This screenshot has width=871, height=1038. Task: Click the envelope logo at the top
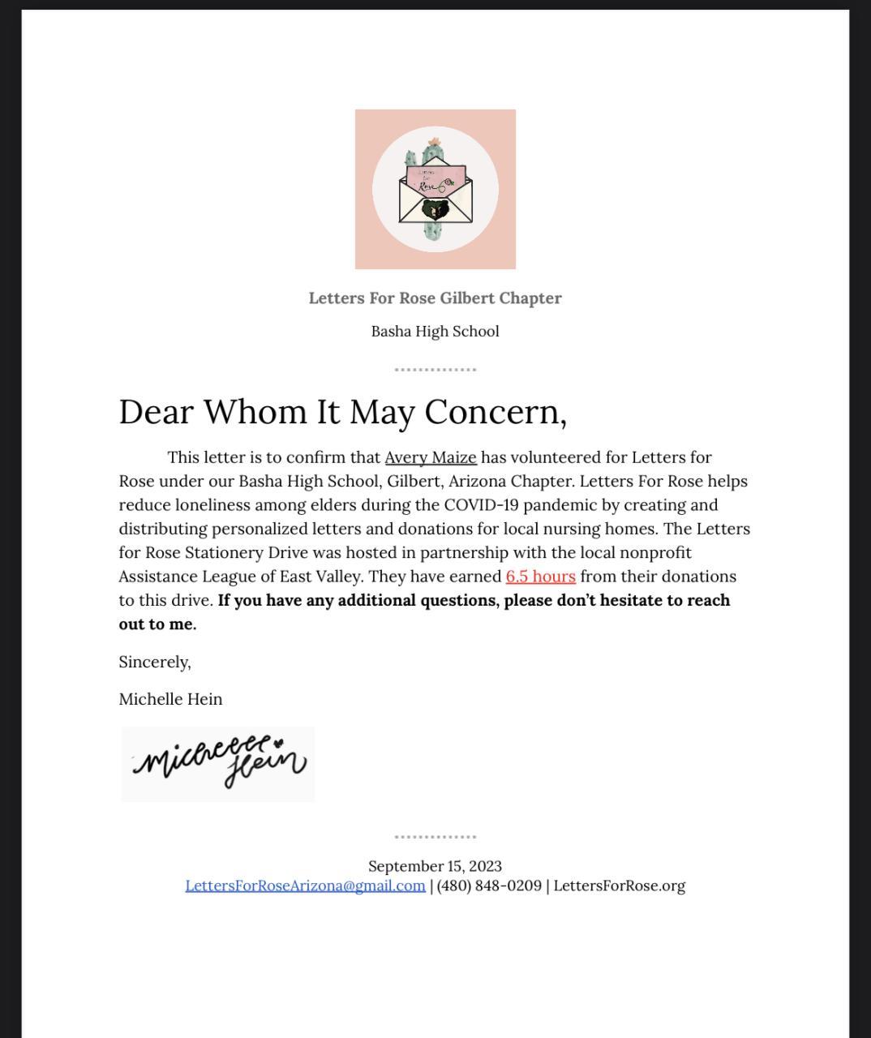435,190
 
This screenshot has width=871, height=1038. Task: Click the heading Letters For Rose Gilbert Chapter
435,298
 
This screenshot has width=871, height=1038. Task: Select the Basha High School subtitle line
435,332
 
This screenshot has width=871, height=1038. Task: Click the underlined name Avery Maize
431,457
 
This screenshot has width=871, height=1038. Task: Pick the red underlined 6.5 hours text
540,577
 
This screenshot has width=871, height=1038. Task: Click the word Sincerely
155,663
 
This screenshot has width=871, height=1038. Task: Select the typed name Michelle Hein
170,700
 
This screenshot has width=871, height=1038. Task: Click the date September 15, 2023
435,866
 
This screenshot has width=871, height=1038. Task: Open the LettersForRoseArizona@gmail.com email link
305,886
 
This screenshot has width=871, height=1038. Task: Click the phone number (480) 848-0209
489,886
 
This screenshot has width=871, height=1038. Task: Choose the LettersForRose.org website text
619,886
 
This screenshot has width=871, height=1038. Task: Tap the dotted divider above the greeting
435,370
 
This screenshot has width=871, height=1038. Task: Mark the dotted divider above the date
435,837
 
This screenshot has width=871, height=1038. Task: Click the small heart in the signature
278,741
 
